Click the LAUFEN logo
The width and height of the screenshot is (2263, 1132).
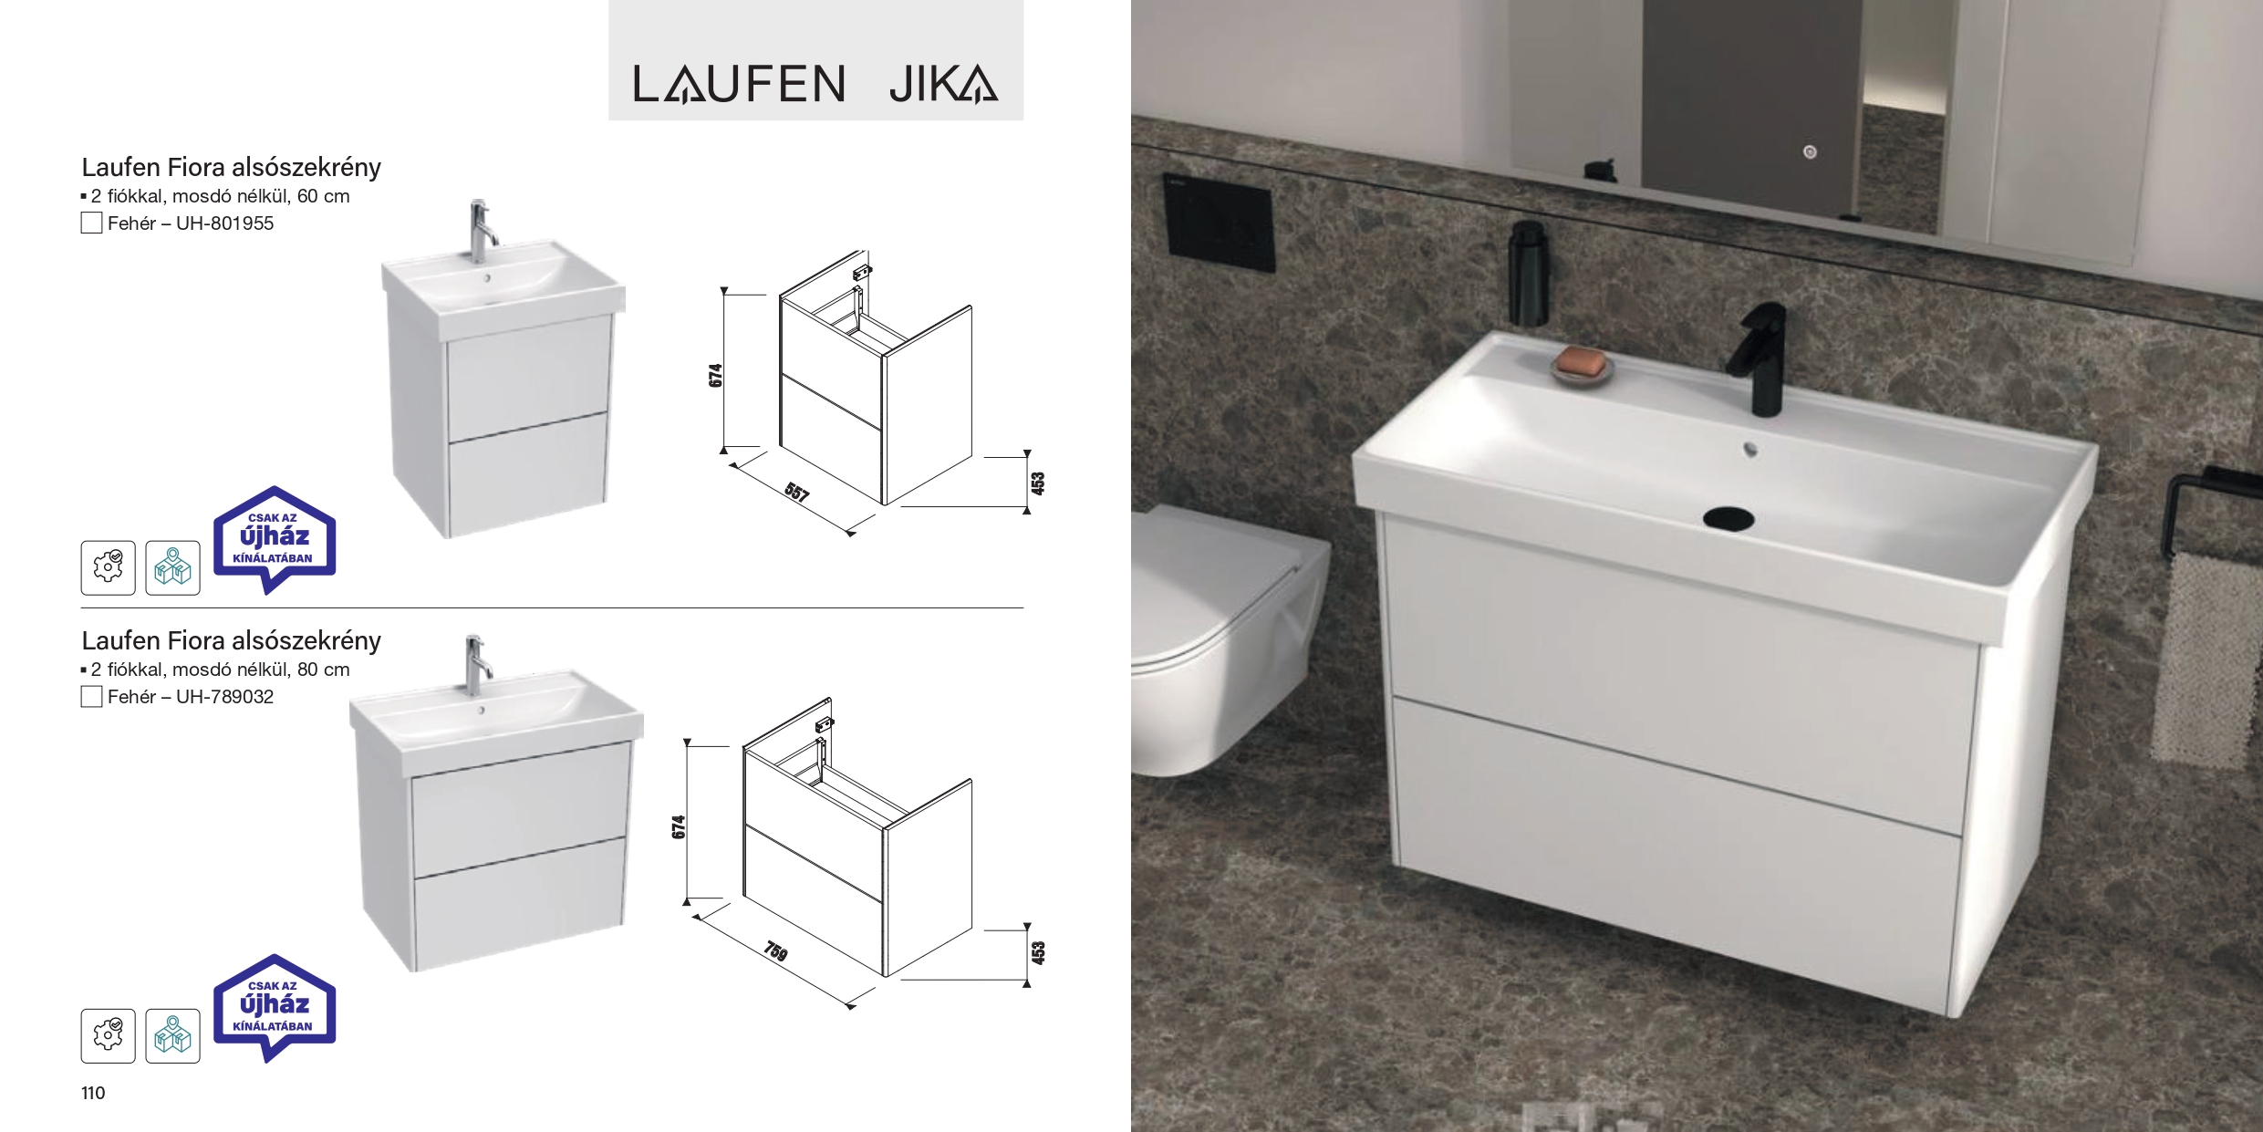pyautogui.click(x=739, y=84)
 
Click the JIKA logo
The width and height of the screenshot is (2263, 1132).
pyautogui.click(x=943, y=84)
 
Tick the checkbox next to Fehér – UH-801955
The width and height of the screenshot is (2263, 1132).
pyautogui.click(x=91, y=223)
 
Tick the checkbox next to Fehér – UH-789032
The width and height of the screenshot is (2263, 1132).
pyautogui.click(x=91, y=697)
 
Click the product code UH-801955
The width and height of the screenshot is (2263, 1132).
pyautogui.click(x=224, y=223)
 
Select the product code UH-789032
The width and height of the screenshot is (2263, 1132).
pyautogui.click(x=224, y=697)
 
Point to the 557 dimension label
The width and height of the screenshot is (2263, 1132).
pyautogui.click(x=796, y=493)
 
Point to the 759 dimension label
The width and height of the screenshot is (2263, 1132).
pyautogui.click(x=775, y=951)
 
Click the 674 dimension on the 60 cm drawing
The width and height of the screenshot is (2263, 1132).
pyautogui.click(x=716, y=375)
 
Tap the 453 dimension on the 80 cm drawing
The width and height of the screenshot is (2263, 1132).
pyautogui.click(x=1038, y=953)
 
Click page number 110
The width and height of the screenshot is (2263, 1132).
pyautogui.click(x=93, y=1093)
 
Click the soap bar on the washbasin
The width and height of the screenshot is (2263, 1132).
pyautogui.click(x=1582, y=361)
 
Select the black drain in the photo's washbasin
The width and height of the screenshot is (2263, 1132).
pyautogui.click(x=1728, y=518)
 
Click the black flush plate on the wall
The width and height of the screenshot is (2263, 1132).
pyautogui.click(x=1218, y=223)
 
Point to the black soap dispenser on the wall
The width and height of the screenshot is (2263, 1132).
pyautogui.click(x=1527, y=273)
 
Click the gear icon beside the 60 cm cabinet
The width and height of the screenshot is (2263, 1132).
pyautogui.click(x=108, y=567)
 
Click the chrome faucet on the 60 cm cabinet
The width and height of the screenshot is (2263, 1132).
pyautogui.click(x=481, y=232)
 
